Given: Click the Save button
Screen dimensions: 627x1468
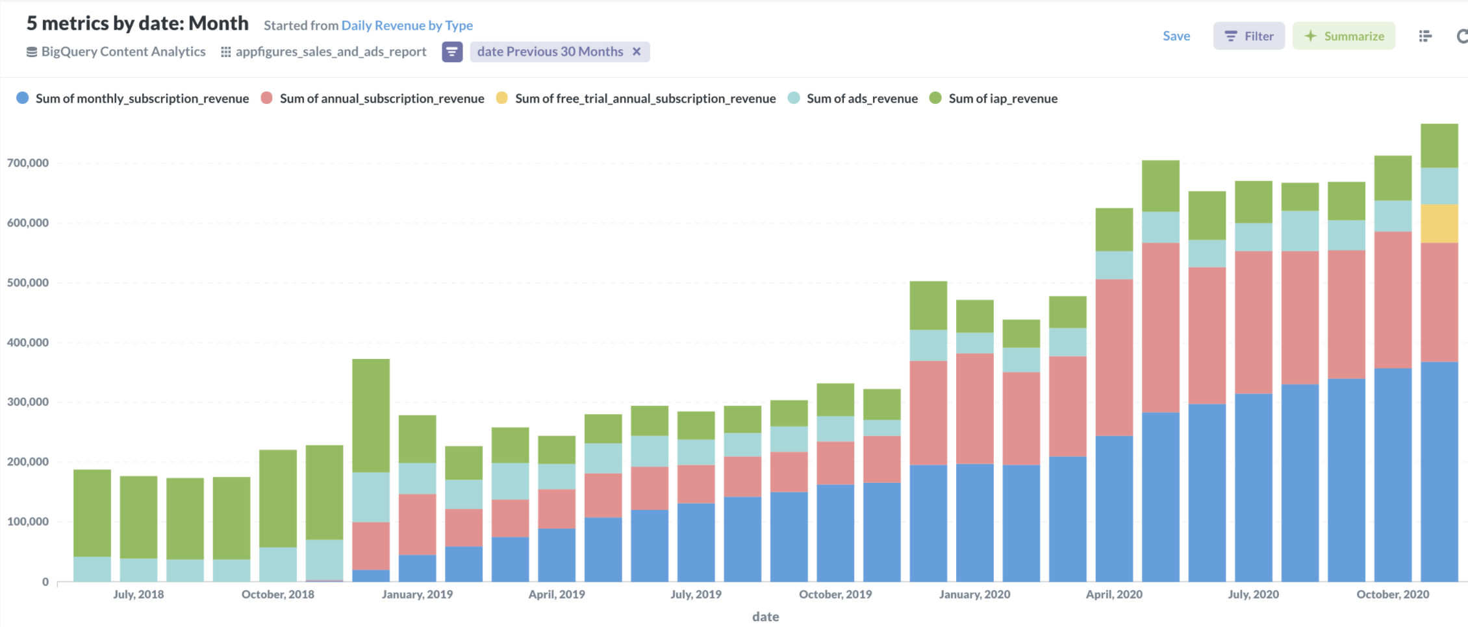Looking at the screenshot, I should tap(1176, 36).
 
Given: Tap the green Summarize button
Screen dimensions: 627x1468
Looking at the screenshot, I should tap(1343, 36).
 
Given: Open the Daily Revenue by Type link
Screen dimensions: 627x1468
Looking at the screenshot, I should tap(407, 25).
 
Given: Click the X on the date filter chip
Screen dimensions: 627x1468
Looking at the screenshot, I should tap(637, 52).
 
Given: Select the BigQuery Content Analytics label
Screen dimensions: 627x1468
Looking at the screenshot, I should tap(123, 52).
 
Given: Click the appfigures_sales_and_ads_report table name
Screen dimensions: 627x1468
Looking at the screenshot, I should tap(331, 52).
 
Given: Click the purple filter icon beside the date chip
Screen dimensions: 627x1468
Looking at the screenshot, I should tap(452, 52).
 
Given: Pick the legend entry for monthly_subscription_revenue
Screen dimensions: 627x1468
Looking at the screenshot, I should tap(142, 99).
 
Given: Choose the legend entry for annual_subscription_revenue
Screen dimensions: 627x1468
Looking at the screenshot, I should tap(381, 99).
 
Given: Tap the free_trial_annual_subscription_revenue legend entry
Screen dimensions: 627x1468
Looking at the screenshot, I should tap(644, 99).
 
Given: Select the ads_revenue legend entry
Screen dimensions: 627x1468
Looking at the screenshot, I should tap(861, 99).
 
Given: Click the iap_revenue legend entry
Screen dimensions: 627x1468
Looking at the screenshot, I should tap(1002, 99).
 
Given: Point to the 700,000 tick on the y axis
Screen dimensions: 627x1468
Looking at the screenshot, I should tap(28, 163).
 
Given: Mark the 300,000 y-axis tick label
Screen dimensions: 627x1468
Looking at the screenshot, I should tap(28, 402).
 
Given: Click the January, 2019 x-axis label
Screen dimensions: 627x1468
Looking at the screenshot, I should tap(417, 595).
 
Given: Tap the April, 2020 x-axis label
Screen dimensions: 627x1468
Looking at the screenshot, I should tap(1114, 595).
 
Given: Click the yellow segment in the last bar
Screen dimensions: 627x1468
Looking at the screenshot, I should tap(1439, 224).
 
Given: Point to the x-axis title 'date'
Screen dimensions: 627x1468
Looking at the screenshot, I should tap(765, 617).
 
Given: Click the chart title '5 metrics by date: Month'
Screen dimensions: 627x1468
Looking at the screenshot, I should tap(137, 23).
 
